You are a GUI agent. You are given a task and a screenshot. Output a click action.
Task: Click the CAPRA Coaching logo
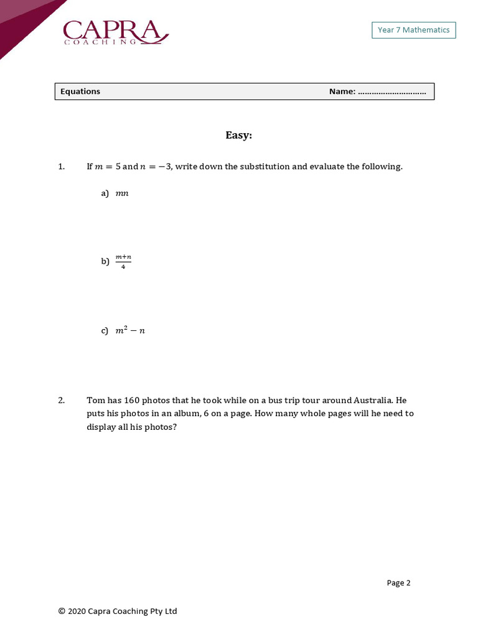pyautogui.click(x=115, y=32)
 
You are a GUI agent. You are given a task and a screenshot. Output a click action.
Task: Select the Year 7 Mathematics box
pyautogui.click(x=413, y=30)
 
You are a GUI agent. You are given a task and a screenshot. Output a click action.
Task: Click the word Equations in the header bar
pyautogui.click(x=80, y=91)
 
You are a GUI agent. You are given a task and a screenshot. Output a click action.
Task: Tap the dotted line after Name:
pyautogui.click(x=392, y=92)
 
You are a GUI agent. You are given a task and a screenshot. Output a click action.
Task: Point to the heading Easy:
pyautogui.click(x=238, y=135)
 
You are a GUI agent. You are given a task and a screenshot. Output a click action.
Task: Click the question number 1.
pyautogui.click(x=61, y=167)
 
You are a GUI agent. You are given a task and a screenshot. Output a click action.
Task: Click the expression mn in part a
pyautogui.click(x=122, y=193)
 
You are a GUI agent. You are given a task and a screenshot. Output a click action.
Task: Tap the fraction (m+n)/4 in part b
pyautogui.click(x=123, y=261)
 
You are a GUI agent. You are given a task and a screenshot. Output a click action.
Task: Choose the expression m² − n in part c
pyautogui.click(x=130, y=330)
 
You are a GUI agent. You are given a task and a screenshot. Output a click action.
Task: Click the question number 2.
pyautogui.click(x=61, y=400)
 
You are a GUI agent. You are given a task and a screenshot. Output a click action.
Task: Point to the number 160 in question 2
pyautogui.click(x=132, y=400)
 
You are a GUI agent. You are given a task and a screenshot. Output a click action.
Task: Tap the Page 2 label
pyautogui.click(x=398, y=583)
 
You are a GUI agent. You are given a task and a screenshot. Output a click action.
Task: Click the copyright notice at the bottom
pyautogui.click(x=118, y=611)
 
